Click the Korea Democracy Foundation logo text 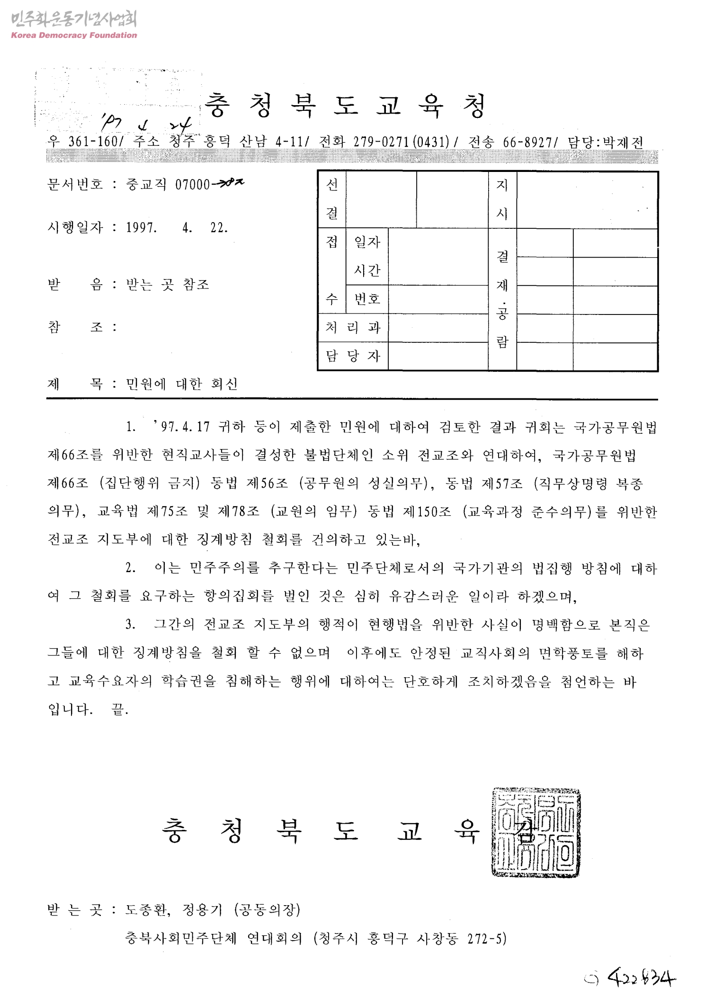click(x=73, y=36)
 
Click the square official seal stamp click(x=535, y=833)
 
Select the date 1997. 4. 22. click(x=177, y=228)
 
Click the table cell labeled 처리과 click(x=353, y=328)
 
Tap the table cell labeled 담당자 click(x=353, y=356)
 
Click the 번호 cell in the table click(x=367, y=299)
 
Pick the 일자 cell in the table click(x=367, y=243)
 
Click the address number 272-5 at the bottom click(x=486, y=938)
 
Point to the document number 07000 click(x=192, y=185)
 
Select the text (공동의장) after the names click(x=267, y=909)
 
